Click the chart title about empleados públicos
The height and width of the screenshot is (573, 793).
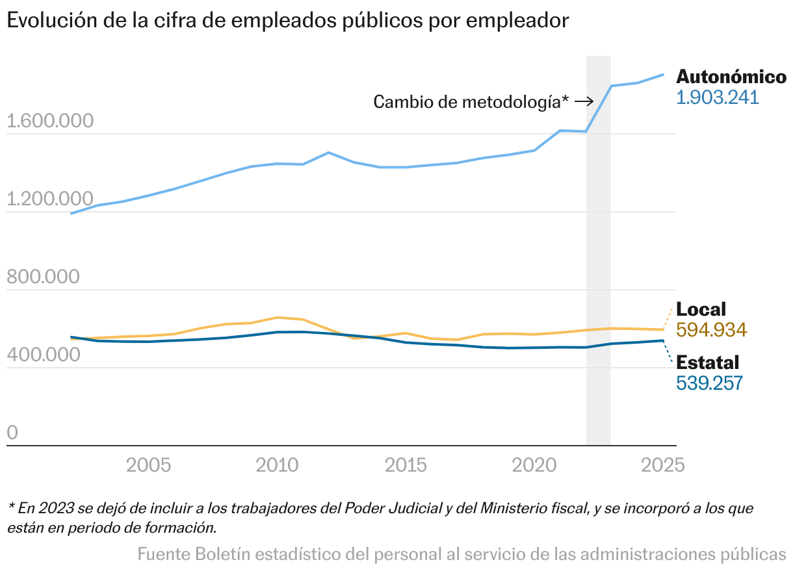point(288,20)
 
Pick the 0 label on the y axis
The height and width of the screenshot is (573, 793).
point(13,433)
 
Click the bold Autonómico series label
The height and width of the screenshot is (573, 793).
point(731,77)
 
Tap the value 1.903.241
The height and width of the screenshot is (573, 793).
point(718,97)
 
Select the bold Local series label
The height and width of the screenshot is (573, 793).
point(701,309)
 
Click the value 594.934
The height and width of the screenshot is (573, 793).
point(712,330)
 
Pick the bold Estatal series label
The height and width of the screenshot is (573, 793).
point(708,363)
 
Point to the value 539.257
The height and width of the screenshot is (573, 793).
point(709,383)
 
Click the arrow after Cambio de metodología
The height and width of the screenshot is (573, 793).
point(584,101)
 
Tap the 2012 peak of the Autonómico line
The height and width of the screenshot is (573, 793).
point(329,153)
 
